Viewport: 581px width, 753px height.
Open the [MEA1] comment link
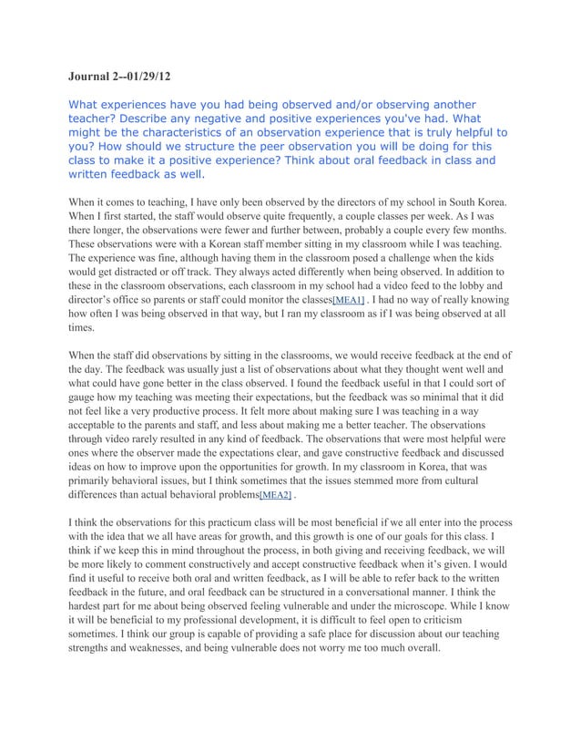[349, 300]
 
